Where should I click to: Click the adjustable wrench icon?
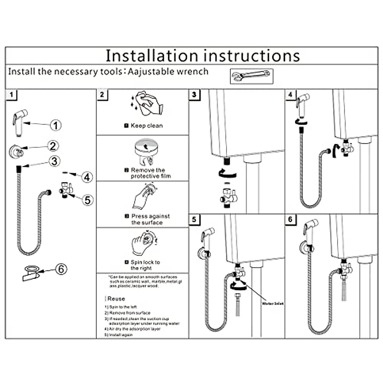coord(252,76)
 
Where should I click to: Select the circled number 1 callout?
coord(56,125)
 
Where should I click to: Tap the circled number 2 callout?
coord(53,146)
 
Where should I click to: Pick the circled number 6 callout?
coord(61,269)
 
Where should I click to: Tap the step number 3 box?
coord(194,95)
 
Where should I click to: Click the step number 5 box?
coord(194,220)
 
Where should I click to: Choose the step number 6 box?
coord(290,220)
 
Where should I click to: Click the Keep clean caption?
coord(146,126)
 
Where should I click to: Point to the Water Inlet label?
coord(273,304)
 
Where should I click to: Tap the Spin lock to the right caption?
coord(145,265)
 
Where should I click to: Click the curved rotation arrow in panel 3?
coord(228,174)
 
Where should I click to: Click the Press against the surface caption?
coord(150,219)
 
